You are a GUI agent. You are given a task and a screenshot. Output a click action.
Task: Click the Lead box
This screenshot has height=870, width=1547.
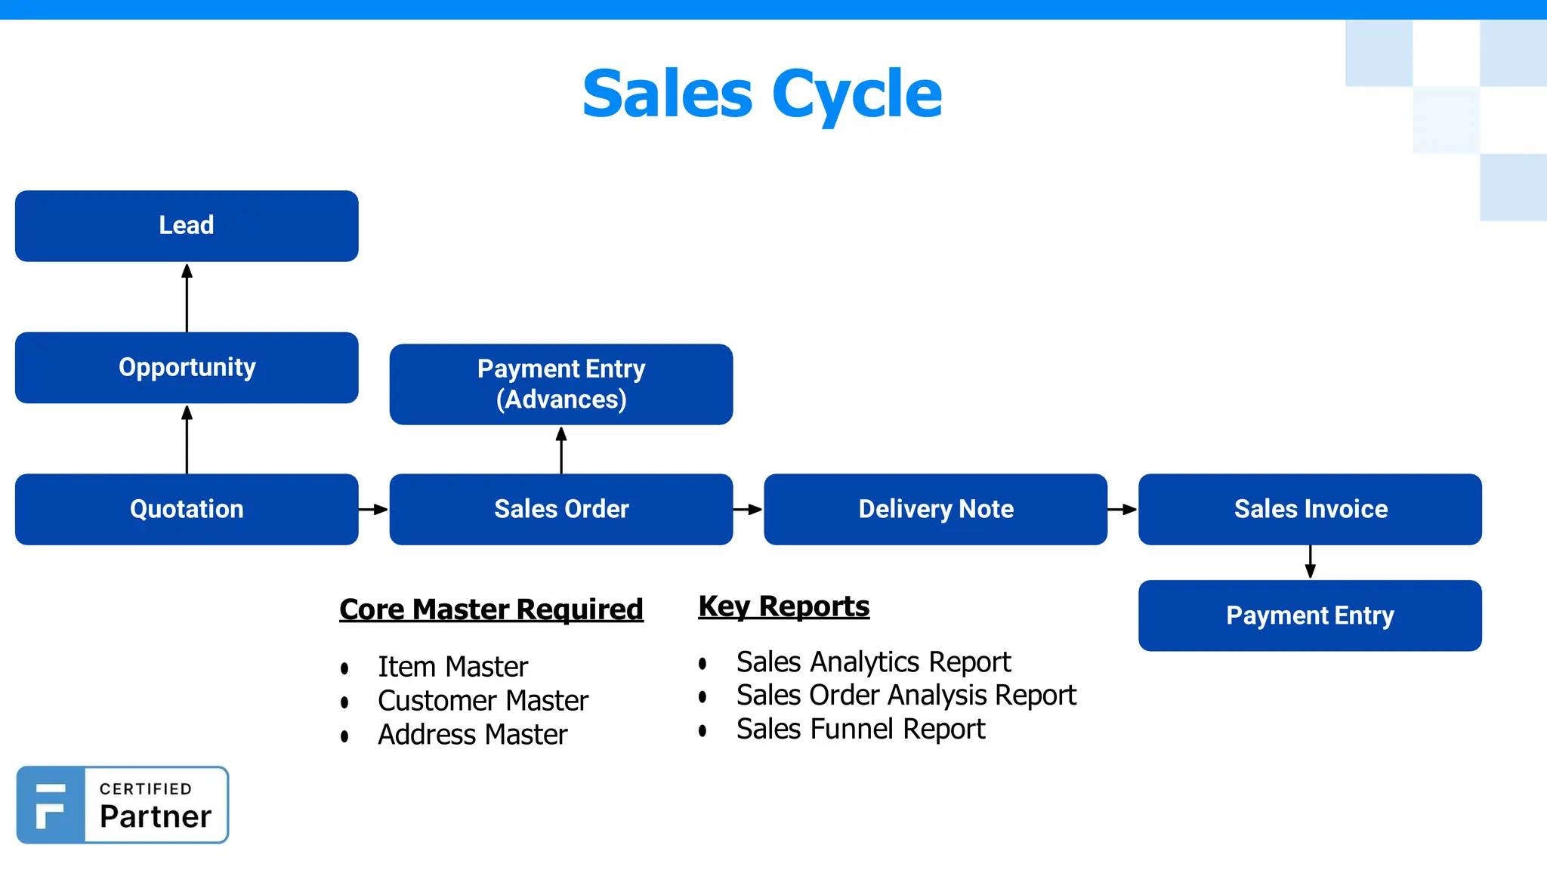[x=187, y=226]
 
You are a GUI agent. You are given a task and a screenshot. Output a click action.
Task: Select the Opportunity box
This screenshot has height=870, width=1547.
[x=187, y=368]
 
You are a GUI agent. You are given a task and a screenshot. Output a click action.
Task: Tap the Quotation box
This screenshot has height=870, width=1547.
[x=187, y=509]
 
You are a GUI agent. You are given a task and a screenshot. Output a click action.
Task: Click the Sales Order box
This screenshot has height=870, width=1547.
[x=561, y=509]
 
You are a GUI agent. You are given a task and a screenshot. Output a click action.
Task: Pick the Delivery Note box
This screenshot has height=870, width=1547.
[x=935, y=509]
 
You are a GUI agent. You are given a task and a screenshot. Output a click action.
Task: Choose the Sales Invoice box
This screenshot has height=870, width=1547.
[x=1310, y=509]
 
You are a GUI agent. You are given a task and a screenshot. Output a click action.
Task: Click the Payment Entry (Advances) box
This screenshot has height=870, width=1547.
[x=561, y=384]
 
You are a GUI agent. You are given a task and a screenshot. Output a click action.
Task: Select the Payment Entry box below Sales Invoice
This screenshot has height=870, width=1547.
[x=1310, y=615]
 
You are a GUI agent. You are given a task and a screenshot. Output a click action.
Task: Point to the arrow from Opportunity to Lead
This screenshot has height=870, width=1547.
[x=187, y=298]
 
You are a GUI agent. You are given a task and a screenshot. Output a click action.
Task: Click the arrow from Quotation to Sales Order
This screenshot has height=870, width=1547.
[x=373, y=510]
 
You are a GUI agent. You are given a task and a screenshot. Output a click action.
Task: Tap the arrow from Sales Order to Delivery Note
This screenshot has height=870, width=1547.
[x=748, y=510]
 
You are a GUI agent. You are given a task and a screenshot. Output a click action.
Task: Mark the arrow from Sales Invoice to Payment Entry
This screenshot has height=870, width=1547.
[x=1311, y=562]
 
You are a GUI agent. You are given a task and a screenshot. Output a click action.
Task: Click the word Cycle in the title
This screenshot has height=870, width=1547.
[x=857, y=94]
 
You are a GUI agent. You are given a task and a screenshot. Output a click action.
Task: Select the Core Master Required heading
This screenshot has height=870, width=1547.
[x=491, y=609]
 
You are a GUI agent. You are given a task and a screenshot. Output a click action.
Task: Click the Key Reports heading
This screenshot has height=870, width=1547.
[x=783, y=606]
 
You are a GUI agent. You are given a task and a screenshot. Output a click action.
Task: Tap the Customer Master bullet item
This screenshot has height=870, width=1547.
[x=483, y=701]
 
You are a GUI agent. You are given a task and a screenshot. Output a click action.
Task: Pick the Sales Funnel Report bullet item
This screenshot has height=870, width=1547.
[x=860, y=730]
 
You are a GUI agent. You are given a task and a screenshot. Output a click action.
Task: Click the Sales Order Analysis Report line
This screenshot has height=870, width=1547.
[x=906, y=696]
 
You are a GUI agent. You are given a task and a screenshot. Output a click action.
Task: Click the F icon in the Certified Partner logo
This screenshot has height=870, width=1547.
[x=51, y=805]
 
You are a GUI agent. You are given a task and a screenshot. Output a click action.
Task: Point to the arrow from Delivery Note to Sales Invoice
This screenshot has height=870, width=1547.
[x=1122, y=510]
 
